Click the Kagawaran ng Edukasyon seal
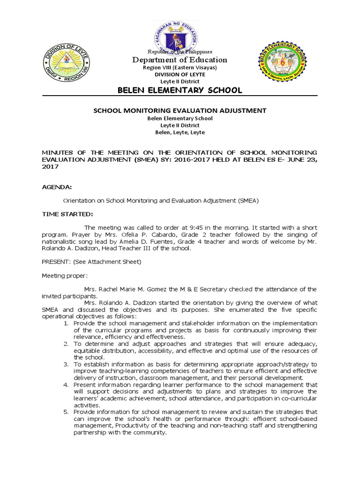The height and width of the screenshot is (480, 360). (180, 36)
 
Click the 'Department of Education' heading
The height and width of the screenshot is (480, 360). (180, 60)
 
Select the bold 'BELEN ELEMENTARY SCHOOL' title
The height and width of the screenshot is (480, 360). (180, 90)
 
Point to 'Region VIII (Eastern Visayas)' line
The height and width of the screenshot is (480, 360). (180, 68)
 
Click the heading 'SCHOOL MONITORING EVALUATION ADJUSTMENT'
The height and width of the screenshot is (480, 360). (180, 110)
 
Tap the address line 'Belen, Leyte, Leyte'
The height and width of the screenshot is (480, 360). (180, 132)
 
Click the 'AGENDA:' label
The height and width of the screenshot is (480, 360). (57, 187)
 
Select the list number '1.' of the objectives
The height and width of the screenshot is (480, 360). (66, 323)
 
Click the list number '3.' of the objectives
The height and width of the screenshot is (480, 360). (66, 364)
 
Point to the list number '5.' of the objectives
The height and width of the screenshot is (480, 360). (66, 412)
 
